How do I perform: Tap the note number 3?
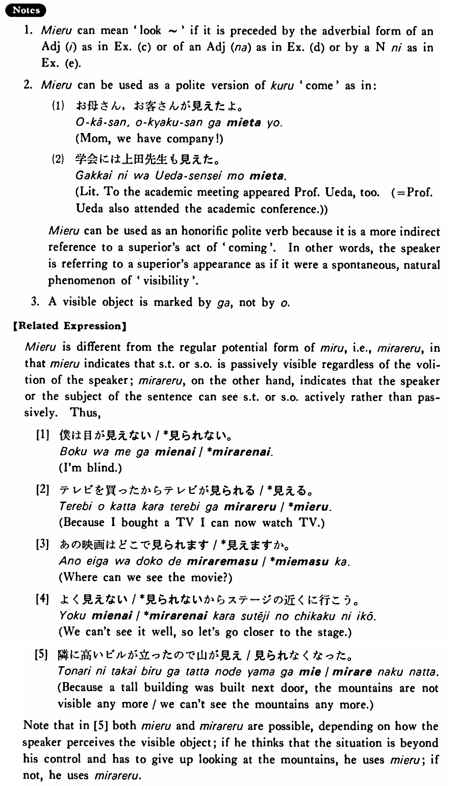click(35, 302)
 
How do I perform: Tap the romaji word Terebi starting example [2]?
click(74, 508)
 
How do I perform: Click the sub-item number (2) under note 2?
click(57, 159)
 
